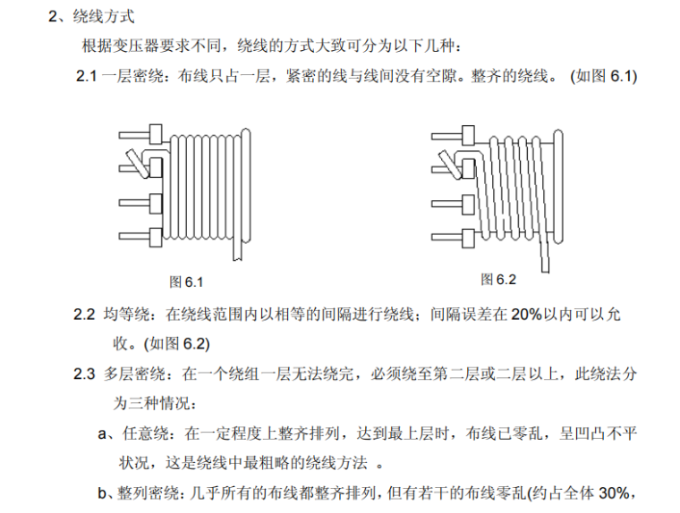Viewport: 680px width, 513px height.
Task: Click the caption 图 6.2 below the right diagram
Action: (499, 280)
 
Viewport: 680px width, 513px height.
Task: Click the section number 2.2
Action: (84, 315)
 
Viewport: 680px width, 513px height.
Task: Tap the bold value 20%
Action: (528, 315)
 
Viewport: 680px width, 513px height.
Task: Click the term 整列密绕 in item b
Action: (149, 493)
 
